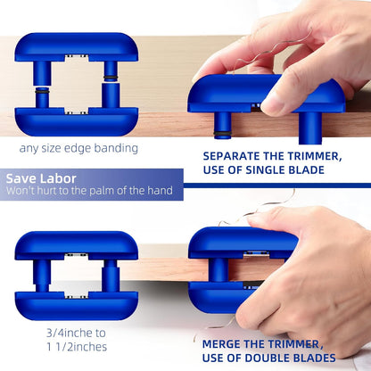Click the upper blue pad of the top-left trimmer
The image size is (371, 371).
[77, 46]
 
